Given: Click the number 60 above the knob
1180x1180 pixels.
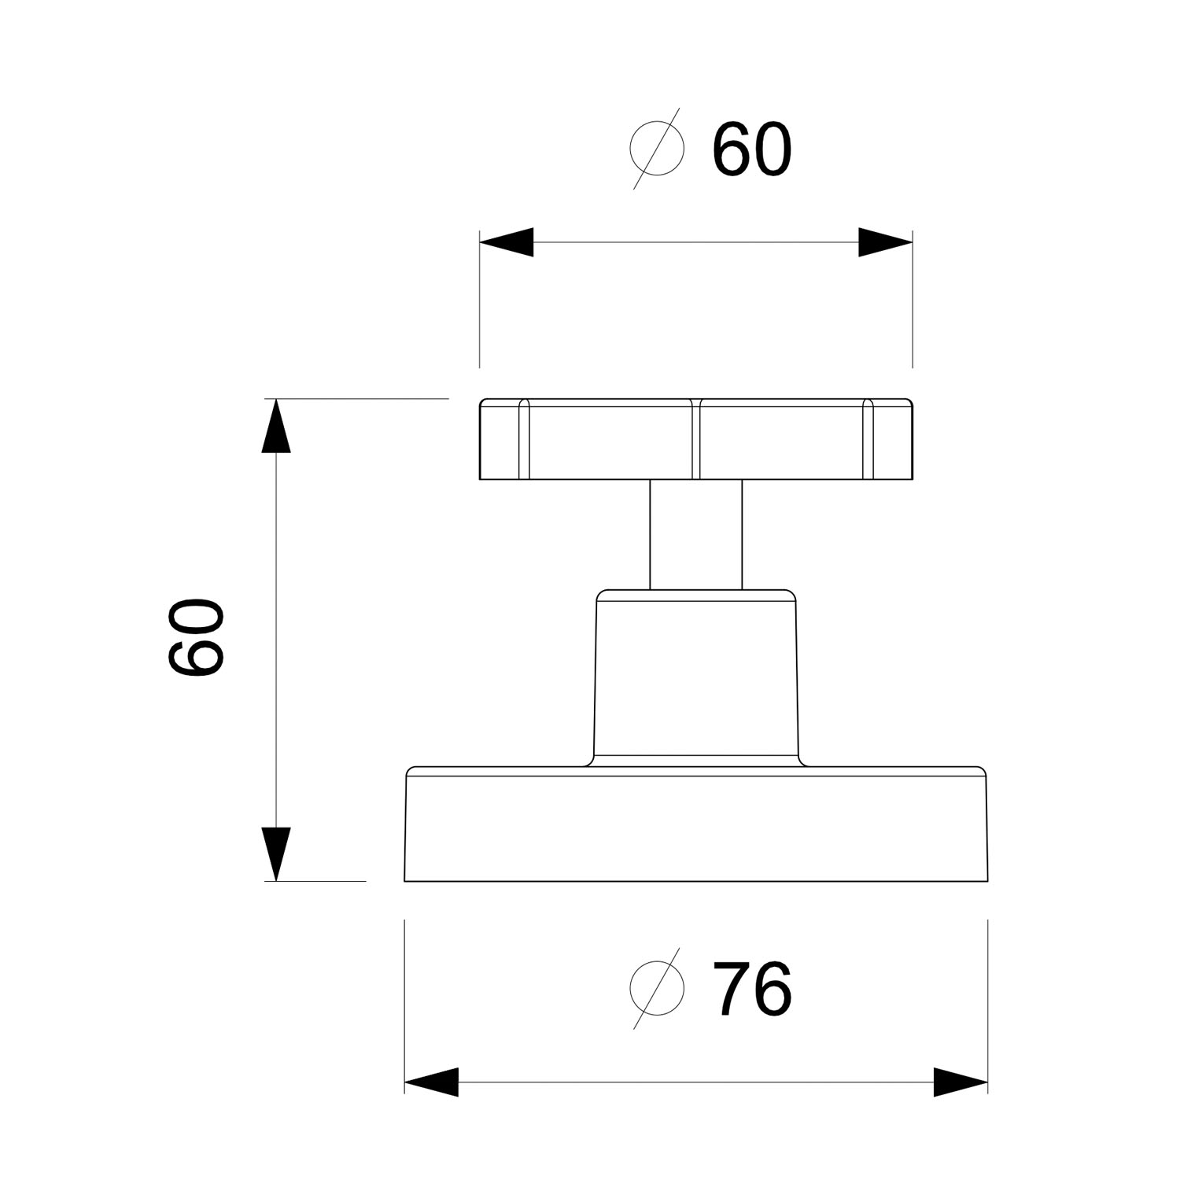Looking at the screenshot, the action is (x=751, y=149).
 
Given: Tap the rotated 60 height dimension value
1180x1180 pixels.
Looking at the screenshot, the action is (x=196, y=638).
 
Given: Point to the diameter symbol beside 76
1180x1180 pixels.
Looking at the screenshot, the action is (x=657, y=989).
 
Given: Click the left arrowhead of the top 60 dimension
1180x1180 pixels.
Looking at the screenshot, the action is (x=507, y=242).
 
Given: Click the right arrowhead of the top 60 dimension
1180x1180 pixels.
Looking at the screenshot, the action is (x=885, y=242).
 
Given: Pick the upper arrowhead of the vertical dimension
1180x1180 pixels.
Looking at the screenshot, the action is (x=275, y=426).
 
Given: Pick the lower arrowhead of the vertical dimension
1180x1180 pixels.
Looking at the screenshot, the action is (x=275, y=854).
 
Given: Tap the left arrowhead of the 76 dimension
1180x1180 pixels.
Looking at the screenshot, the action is (x=431, y=1082).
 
